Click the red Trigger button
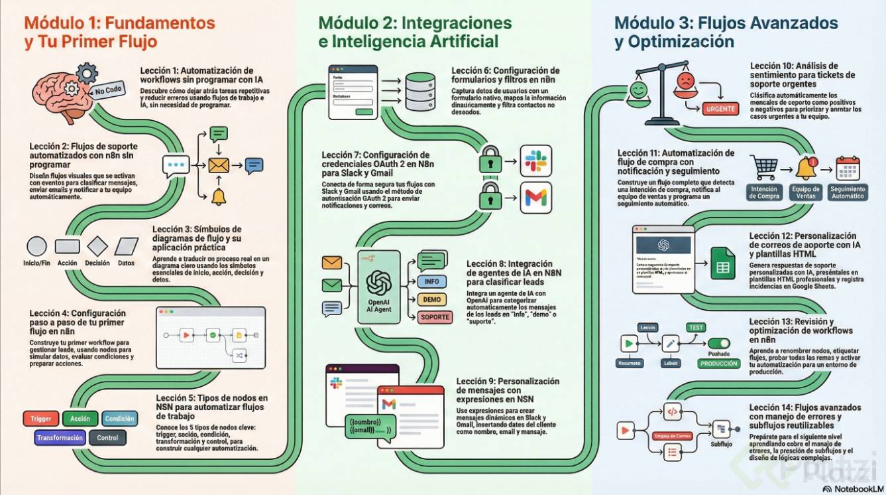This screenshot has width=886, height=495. pos(41,419)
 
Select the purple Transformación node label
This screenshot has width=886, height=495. pos(60,438)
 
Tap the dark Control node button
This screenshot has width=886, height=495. pos(107,438)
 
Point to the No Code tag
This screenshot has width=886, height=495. pos(108,92)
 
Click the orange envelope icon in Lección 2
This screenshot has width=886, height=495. pos(218,165)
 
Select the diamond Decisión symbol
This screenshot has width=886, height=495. pos(97,246)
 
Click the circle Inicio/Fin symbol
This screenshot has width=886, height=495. pos(36,246)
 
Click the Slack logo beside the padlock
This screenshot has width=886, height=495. pos(535,161)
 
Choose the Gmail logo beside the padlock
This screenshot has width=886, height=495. pos(535,197)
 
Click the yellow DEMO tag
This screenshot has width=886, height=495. pos(431,299)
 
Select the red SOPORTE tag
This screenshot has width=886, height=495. pos(435,317)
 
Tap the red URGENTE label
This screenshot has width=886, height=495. pos(720,109)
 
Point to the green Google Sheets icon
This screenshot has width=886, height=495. pos(722,263)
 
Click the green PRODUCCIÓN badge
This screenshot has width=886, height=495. pos(718,364)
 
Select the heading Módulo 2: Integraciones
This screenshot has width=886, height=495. pos(415,23)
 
